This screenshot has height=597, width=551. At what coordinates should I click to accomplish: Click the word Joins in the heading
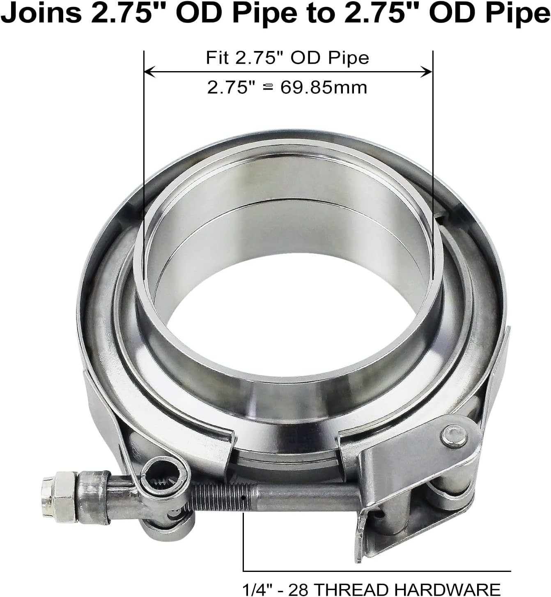[x=41, y=14]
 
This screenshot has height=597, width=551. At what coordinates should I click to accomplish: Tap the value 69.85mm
[x=324, y=88]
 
